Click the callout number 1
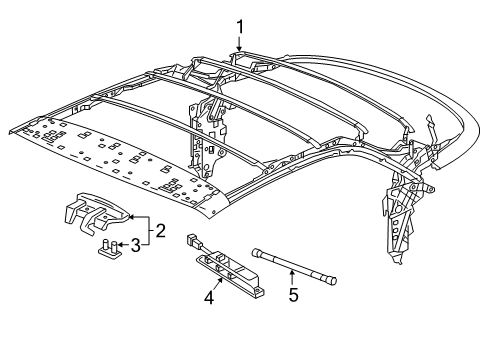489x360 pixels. [x=240, y=27]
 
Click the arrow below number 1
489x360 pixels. [x=240, y=44]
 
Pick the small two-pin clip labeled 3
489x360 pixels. [x=107, y=246]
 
